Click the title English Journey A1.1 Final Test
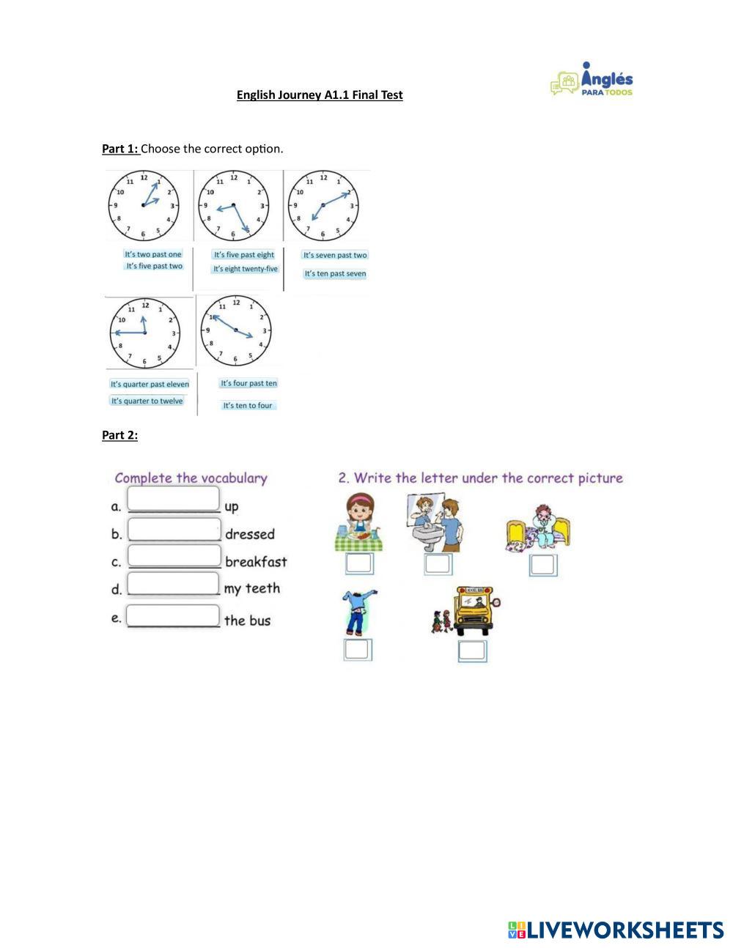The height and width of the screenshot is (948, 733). pyautogui.click(x=320, y=95)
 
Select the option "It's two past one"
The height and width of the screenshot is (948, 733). pyautogui.click(x=153, y=254)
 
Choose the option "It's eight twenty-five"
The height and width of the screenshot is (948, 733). pyautogui.click(x=246, y=270)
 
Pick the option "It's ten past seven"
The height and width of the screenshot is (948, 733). pyautogui.click(x=335, y=274)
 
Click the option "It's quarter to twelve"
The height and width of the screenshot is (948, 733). pyautogui.click(x=147, y=401)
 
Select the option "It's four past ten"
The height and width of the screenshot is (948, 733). pyautogui.click(x=249, y=383)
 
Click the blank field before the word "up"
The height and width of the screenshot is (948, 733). pyautogui.click(x=174, y=499)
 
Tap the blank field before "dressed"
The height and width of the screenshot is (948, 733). pyautogui.click(x=174, y=529)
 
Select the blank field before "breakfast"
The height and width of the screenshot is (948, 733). pyautogui.click(x=174, y=555)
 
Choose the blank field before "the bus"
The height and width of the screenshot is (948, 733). pyautogui.click(x=174, y=615)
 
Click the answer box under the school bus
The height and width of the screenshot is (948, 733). pyautogui.click(x=473, y=651)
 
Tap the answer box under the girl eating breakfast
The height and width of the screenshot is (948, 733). pyautogui.click(x=359, y=563)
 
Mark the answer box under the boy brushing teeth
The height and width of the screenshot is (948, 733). pyautogui.click(x=438, y=564)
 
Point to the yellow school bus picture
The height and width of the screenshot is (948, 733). pyautogui.click(x=473, y=610)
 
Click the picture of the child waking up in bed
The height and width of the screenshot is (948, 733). pyautogui.click(x=539, y=527)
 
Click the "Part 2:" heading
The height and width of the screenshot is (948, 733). pyautogui.click(x=119, y=435)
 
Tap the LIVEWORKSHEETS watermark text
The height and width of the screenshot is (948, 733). pyautogui.click(x=625, y=930)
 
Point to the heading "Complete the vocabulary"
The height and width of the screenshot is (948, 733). pyautogui.click(x=191, y=478)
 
